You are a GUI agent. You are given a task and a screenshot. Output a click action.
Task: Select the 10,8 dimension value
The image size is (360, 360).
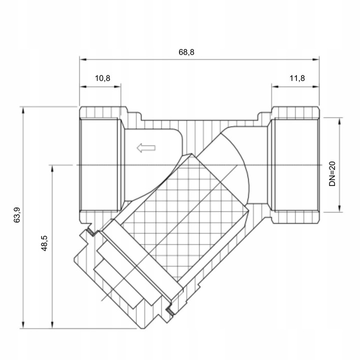[102, 78]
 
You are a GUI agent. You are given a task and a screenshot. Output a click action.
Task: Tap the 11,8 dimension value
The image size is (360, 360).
[296, 78]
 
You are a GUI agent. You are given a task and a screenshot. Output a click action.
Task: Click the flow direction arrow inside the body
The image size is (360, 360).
[146, 147]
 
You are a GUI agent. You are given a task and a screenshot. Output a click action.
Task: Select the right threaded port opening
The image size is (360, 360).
[295, 164]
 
